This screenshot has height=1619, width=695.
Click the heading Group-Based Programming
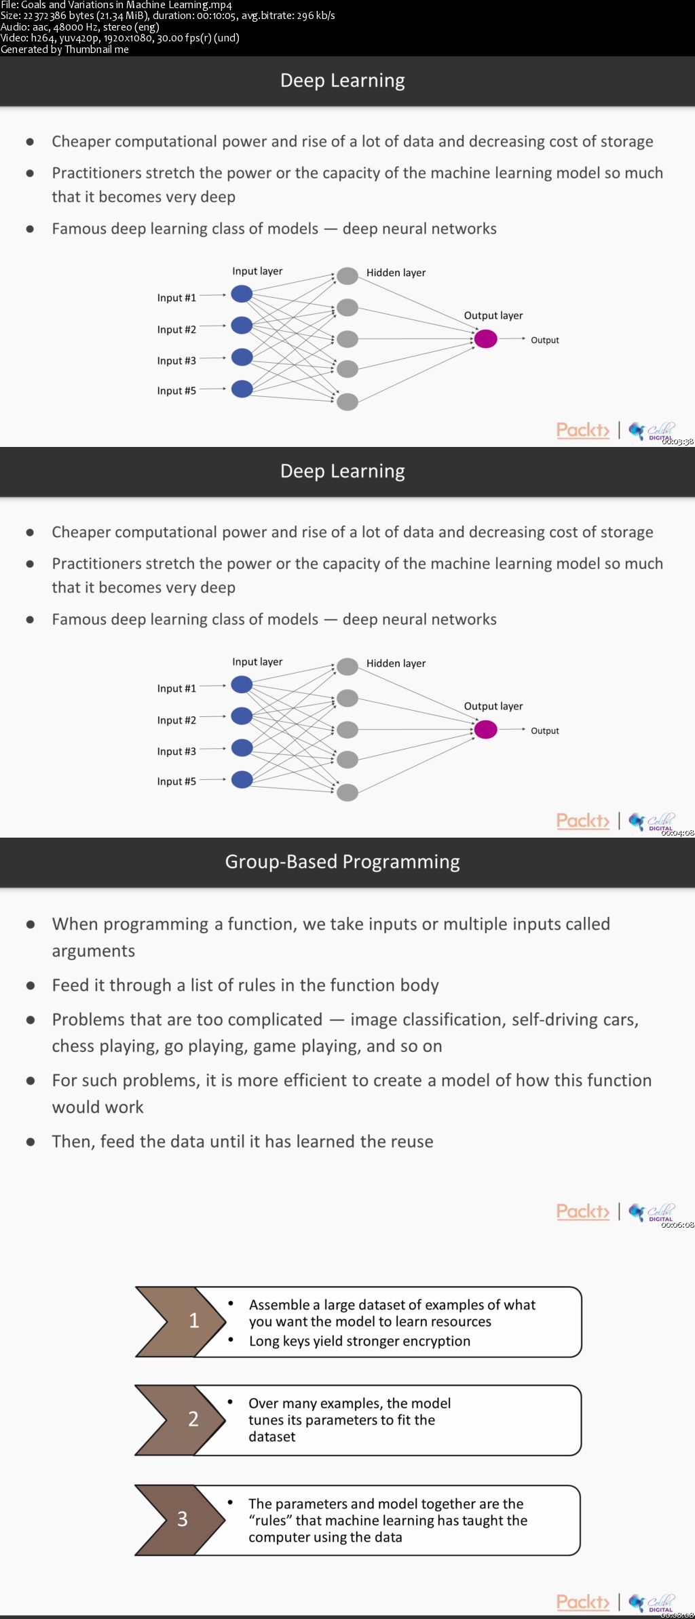click(x=342, y=861)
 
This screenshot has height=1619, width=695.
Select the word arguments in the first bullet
click(x=93, y=951)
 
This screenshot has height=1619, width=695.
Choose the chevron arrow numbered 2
click(x=181, y=1419)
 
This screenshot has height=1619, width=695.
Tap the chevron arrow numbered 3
click(x=181, y=1519)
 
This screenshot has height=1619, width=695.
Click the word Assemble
click(x=279, y=1305)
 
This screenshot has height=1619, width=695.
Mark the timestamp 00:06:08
click(x=677, y=1225)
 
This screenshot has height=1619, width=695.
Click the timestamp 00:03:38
click(x=677, y=442)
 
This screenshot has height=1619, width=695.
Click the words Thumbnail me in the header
click(x=96, y=50)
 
